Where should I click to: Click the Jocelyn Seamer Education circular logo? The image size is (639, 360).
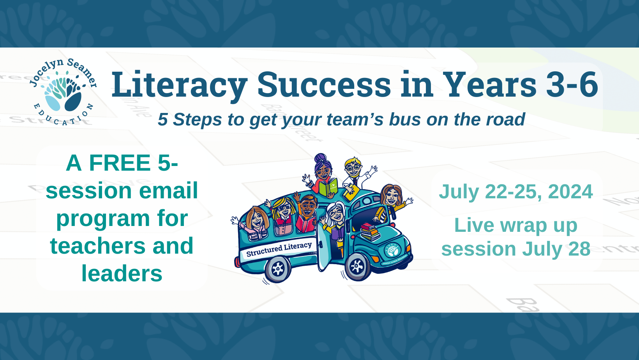pos(63,92)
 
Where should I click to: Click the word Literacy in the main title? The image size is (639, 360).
pos(179,85)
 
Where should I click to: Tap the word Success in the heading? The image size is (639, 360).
pos(324,85)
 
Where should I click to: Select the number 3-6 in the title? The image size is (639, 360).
pos(572,85)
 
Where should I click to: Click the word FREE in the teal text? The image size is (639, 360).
pos(120,163)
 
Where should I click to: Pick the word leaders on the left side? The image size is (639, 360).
pos(122,274)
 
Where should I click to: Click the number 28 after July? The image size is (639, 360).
pos(579,249)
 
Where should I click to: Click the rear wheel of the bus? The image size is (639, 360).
pos(277,269)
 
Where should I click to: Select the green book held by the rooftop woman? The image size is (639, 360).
pos(328,187)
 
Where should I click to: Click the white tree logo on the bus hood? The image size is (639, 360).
pos(392,250)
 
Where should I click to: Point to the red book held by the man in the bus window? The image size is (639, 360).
pos(306,224)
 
